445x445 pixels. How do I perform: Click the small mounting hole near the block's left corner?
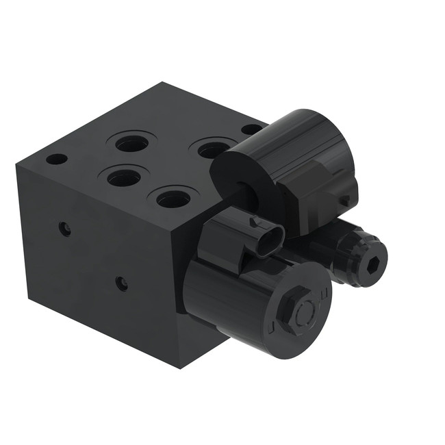[x=56, y=159]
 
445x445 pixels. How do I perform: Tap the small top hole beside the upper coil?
[x=251, y=129]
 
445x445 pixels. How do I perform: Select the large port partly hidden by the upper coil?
[x=212, y=149]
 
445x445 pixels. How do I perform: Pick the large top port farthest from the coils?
[x=131, y=144]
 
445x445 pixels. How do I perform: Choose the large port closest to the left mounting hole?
[x=124, y=178]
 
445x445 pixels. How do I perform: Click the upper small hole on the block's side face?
[x=64, y=229]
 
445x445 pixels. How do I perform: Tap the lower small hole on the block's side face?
[x=121, y=283]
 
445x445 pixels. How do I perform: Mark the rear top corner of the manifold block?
[x=163, y=84]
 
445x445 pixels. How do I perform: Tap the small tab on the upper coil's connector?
[x=346, y=200]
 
